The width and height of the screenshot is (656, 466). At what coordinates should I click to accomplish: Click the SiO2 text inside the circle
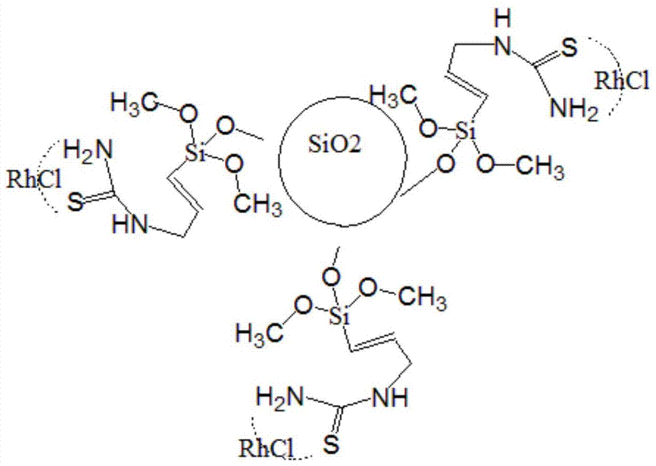(x=335, y=145)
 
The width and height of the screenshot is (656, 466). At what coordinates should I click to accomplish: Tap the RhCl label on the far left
(x=34, y=180)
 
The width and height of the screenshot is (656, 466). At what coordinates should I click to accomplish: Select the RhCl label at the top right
(x=622, y=80)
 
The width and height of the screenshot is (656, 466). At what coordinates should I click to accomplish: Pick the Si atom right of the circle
(x=466, y=131)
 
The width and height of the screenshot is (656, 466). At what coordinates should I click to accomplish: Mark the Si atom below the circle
(x=339, y=316)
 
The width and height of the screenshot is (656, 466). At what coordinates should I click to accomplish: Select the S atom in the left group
(x=75, y=203)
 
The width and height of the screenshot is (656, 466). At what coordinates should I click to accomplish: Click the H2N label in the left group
(x=89, y=150)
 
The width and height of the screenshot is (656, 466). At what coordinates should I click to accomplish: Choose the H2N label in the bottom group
(x=280, y=396)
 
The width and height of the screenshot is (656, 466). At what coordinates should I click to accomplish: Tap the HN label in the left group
(x=130, y=225)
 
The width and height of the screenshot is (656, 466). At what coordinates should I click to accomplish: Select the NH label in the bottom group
(x=390, y=397)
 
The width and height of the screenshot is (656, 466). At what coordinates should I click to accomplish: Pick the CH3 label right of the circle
(x=540, y=167)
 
